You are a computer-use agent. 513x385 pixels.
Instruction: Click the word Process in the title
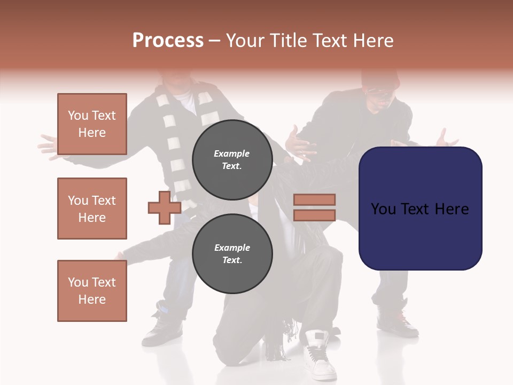(168, 40)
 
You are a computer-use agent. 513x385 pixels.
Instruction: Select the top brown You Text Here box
(92, 124)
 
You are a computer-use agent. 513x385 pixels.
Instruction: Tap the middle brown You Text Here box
(92, 209)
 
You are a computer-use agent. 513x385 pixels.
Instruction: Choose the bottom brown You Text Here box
(92, 290)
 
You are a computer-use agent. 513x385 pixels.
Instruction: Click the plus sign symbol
(165, 207)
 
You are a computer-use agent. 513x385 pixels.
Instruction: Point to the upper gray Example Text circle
(232, 159)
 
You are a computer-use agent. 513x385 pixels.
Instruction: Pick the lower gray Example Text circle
(232, 253)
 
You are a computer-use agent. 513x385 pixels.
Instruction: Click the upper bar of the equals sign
(314, 199)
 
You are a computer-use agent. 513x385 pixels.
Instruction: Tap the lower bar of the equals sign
(314, 215)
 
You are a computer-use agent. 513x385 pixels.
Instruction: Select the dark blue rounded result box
(420, 209)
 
